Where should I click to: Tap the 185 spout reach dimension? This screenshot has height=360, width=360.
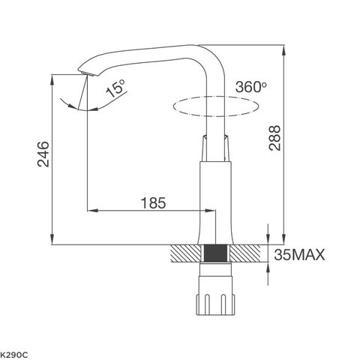pos(152,202)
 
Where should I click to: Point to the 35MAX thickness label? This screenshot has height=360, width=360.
pos(299,255)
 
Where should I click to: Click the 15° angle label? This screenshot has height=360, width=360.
pos(116,91)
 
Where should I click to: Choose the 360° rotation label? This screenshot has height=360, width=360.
pos(250,86)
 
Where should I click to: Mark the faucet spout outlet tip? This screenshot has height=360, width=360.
pos(84,73)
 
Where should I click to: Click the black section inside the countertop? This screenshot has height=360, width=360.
pos(216,253)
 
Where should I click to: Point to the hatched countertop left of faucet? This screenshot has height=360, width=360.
pos(187,253)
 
